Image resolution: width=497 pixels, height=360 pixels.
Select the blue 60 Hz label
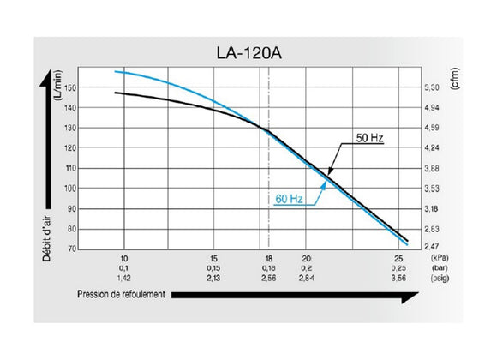coord(290,199)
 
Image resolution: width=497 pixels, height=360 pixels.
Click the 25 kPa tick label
coord(398,258)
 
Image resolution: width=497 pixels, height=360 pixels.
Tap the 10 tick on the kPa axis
coord(124,258)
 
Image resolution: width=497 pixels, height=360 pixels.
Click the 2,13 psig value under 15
coord(214,278)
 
